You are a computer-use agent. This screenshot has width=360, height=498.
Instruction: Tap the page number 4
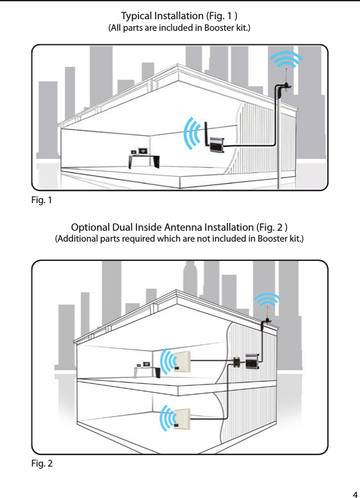(x=354, y=494)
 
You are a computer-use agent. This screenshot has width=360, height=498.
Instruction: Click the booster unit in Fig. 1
(x=216, y=145)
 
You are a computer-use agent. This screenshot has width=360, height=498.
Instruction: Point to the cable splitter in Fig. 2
(x=236, y=362)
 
